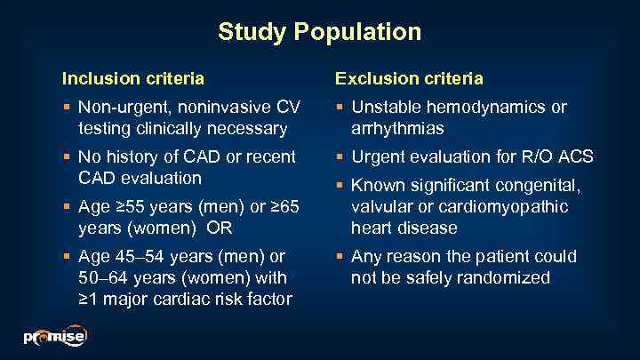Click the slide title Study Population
pos(320,33)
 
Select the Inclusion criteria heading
pos(132,78)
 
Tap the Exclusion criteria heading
pos(409,78)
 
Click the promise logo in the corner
pos(54,337)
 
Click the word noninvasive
pos(228,108)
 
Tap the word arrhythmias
pos(396,129)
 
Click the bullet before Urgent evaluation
pos(340,157)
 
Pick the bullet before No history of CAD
pos(67,157)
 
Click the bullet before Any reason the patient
pos(340,257)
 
